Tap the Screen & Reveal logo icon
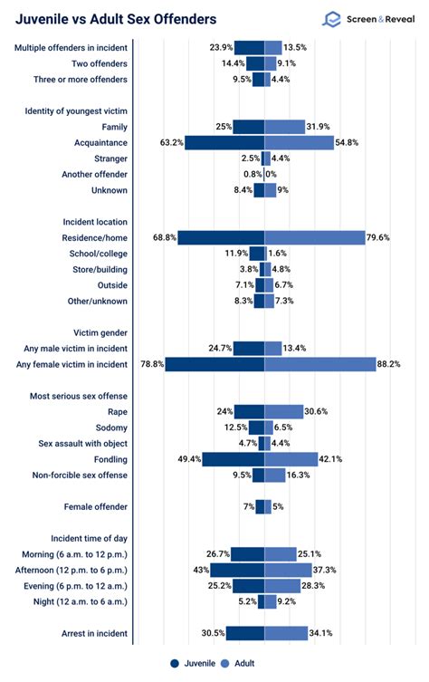coord(332,18)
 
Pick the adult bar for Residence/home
coord(314,237)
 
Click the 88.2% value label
coord(391,364)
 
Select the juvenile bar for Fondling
coord(233,459)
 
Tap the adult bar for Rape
coord(283,410)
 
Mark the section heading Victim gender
coord(95,331)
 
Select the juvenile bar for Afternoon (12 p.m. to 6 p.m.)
coord(237,570)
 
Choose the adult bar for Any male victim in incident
coord(272,348)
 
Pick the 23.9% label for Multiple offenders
coord(222,48)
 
